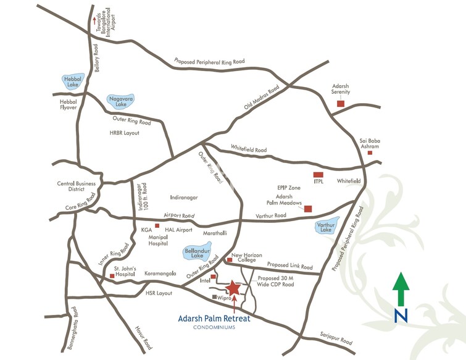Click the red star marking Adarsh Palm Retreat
(x=233, y=288)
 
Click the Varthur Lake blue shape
(x=327, y=227)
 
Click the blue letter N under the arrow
(x=401, y=315)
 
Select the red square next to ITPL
(x=318, y=175)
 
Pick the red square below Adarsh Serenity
(x=340, y=103)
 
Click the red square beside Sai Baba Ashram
(x=370, y=153)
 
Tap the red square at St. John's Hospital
(x=112, y=277)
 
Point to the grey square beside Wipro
(x=214, y=298)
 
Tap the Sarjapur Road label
(x=336, y=341)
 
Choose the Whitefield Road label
(x=249, y=149)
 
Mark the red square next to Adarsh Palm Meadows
(x=308, y=209)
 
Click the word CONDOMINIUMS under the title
(x=214, y=327)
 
